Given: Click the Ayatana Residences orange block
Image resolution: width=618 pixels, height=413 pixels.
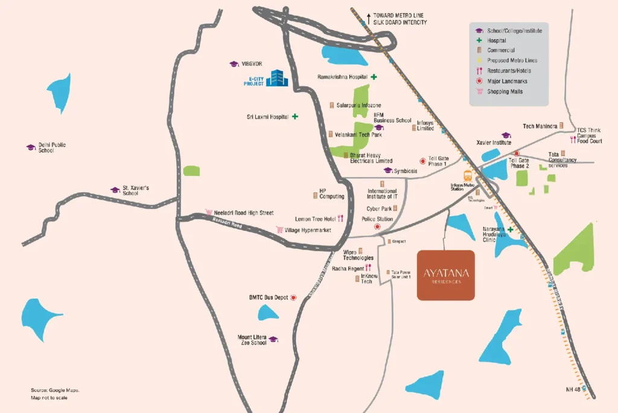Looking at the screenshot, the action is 446,275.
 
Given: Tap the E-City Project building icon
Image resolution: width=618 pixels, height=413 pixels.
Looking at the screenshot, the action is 278,78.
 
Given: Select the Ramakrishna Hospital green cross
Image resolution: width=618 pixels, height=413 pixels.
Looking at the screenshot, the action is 374,77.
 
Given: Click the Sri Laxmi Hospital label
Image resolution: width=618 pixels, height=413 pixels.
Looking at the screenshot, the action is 268,116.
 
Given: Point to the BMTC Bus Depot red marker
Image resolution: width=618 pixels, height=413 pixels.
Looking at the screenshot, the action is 294,298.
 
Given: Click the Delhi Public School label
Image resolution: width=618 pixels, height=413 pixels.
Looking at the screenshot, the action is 53,148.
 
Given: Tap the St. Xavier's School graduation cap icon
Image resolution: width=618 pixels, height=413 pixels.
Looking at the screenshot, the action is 115,190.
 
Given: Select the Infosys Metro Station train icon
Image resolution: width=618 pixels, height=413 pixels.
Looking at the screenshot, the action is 468,176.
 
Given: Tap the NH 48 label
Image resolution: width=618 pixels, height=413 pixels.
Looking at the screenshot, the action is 573,389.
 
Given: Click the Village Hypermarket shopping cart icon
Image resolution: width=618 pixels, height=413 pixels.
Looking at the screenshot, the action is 280,230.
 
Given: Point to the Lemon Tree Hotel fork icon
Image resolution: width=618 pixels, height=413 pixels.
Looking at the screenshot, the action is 340,219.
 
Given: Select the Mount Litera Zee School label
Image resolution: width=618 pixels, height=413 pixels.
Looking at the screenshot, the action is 253,340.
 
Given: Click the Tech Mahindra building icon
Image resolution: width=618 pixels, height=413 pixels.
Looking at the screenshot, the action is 561,126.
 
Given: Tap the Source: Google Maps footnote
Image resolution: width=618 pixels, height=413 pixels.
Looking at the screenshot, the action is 55,390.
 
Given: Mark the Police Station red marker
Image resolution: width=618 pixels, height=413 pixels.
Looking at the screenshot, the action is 378,227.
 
